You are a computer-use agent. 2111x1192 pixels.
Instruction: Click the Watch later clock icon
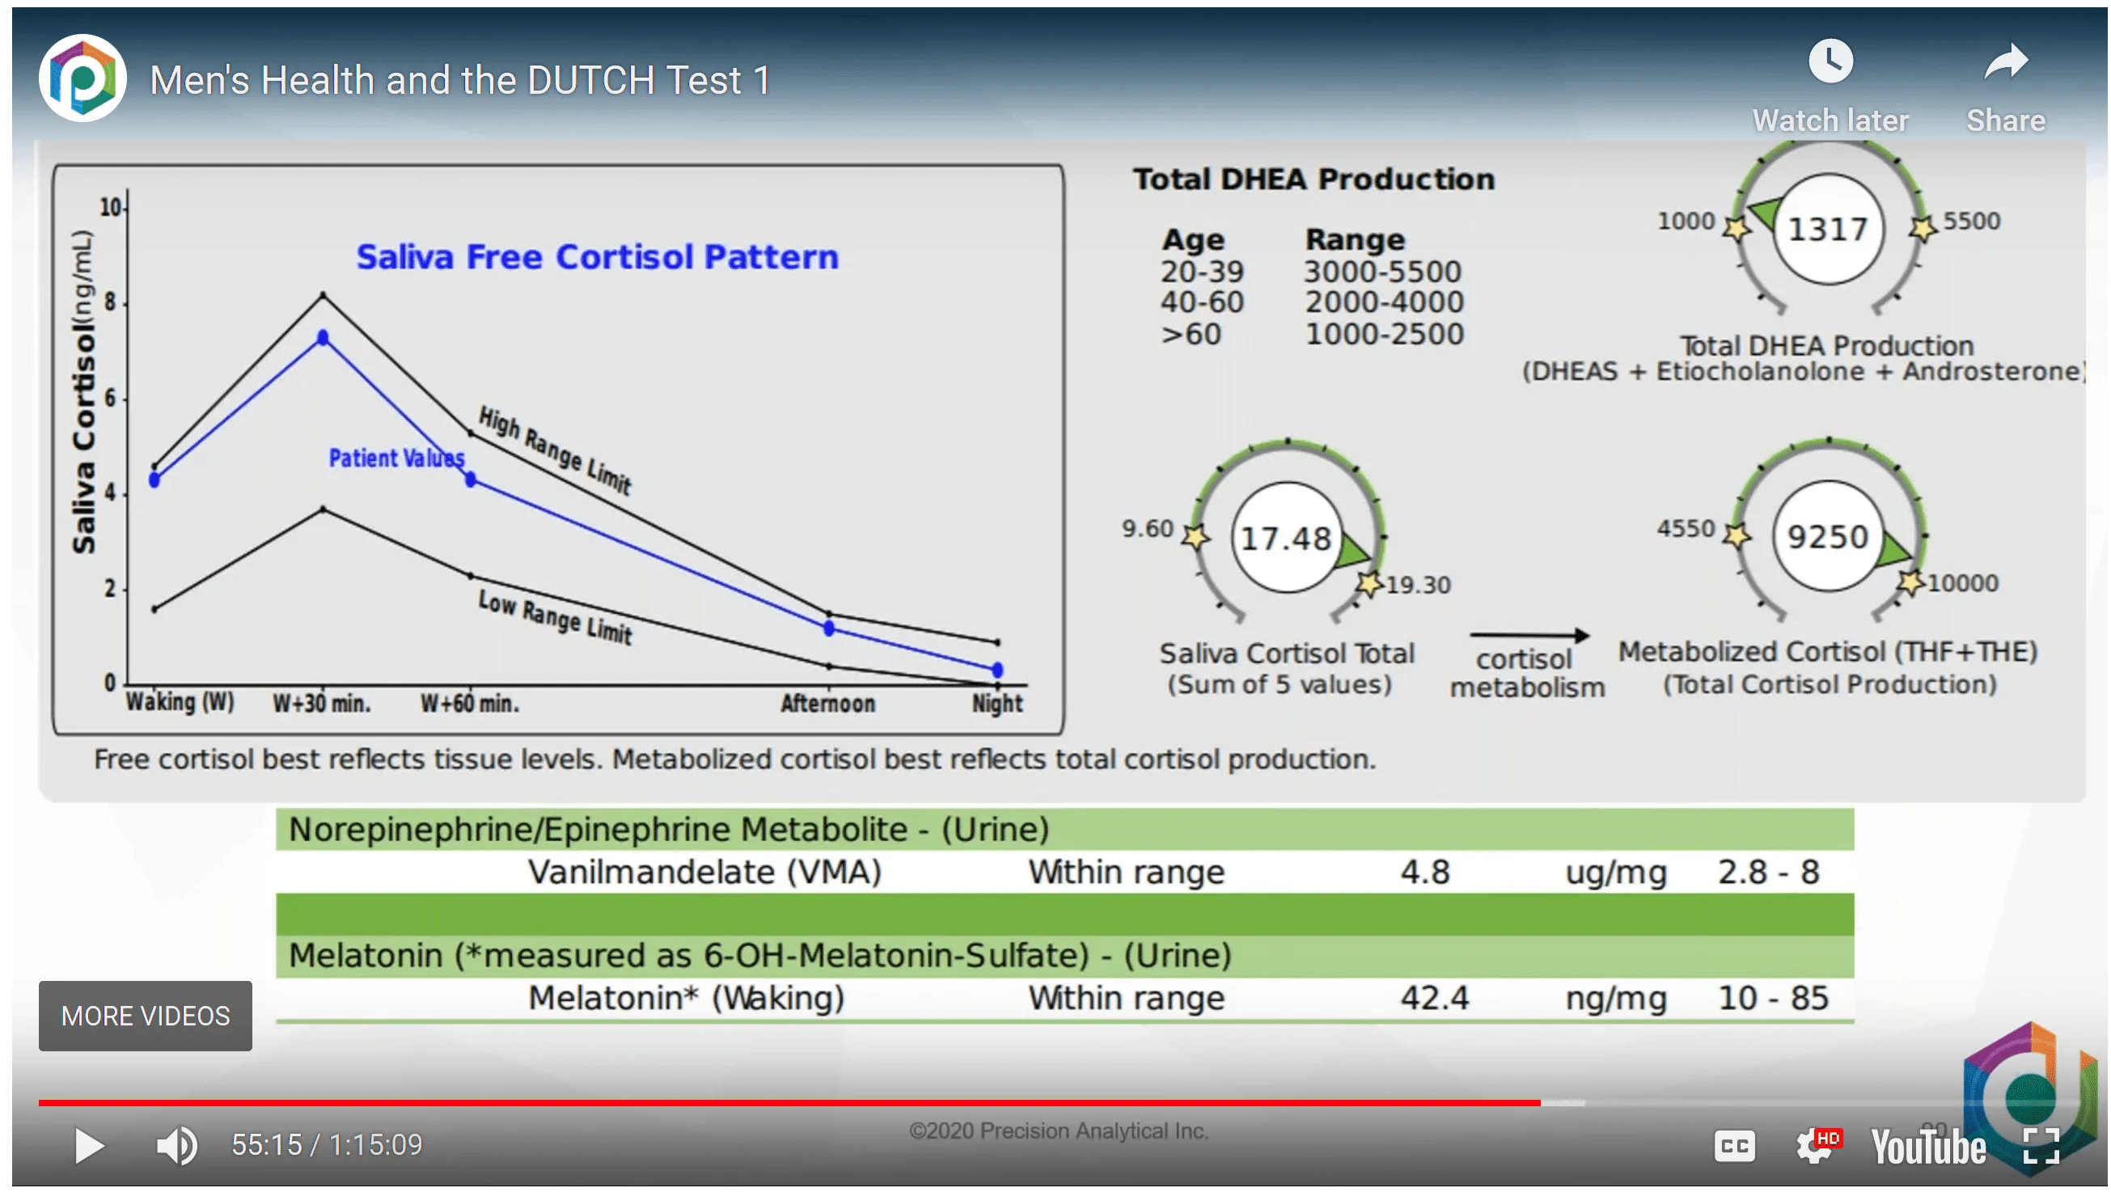pos(1830,61)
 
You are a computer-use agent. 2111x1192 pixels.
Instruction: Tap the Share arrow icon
pos(2005,61)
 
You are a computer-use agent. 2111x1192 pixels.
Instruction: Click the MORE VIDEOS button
pos(145,1016)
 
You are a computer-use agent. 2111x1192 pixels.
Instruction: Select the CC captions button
pos(1734,1145)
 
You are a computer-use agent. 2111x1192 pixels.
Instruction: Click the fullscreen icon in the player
pos(2041,1145)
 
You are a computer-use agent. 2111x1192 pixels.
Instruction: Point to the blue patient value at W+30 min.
pos(323,337)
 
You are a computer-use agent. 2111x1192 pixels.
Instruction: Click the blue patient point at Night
pos(997,670)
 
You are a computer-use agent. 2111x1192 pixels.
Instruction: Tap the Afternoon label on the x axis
pos(827,703)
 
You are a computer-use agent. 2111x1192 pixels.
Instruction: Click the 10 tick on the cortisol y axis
pos(110,207)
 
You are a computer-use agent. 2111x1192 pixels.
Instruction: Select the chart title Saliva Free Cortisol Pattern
pos(598,256)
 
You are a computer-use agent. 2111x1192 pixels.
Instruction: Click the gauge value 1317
pos(1827,230)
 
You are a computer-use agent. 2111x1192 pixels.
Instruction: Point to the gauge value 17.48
pos(1286,539)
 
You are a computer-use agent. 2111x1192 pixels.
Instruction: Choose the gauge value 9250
pos(1827,538)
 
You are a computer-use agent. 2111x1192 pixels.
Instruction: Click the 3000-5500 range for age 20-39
pos(1382,271)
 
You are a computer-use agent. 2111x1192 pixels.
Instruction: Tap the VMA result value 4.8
pos(1425,872)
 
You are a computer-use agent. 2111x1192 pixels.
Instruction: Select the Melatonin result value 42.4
pos(1434,998)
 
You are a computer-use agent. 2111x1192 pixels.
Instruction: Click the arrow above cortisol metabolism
pos(1529,635)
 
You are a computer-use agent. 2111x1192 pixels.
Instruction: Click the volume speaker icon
pos(177,1145)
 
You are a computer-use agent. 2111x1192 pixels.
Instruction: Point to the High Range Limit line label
pos(555,450)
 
